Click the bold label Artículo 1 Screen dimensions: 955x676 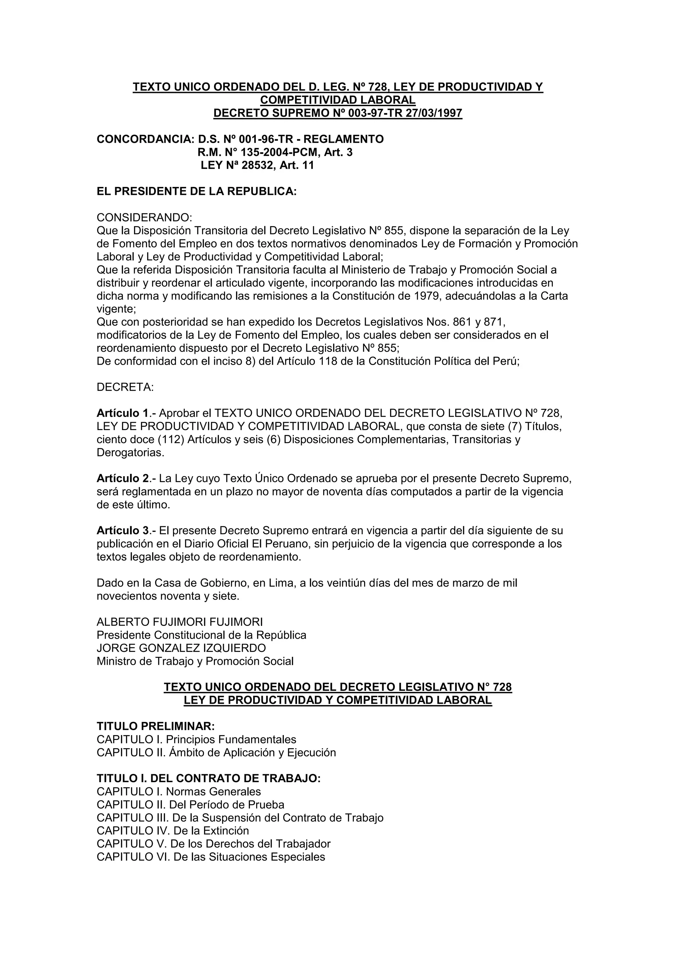point(123,414)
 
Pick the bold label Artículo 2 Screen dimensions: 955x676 point(123,479)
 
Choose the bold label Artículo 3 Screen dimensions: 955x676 point(123,531)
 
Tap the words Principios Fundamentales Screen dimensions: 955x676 point(231,740)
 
